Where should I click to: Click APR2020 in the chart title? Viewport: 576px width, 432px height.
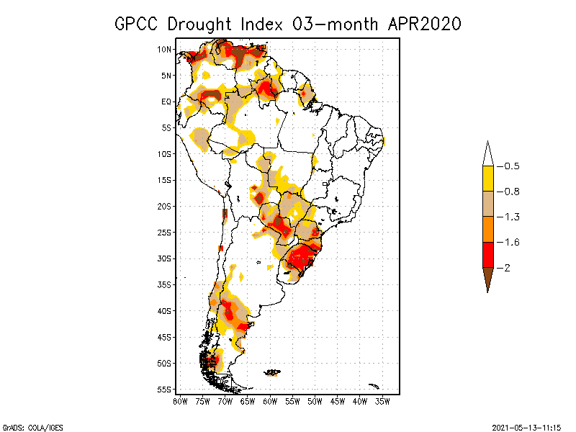[424, 24]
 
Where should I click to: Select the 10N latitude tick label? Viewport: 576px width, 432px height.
[165, 49]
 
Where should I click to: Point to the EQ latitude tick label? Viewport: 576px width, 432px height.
[166, 102]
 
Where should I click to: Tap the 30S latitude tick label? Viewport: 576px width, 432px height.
[165, 258]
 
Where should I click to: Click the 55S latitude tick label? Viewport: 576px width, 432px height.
[165, 390]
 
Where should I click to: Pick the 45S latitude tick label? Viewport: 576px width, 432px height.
[165, 337]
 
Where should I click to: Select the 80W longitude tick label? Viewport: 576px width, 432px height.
[180, 400]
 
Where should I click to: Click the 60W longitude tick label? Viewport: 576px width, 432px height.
[270, 400]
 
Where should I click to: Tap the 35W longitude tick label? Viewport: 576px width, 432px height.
[382, 400]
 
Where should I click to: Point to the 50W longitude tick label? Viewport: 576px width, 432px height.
[315, 400]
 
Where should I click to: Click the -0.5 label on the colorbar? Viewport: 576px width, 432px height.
[510, 166]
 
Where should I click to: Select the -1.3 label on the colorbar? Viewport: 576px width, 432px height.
[510, 217]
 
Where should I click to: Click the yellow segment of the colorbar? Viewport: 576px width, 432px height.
[487, 179]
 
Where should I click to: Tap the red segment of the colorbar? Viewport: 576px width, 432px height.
[487, 254]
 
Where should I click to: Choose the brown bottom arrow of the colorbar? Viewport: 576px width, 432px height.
[487, 278]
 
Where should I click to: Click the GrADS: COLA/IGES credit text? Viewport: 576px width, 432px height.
[24, 426]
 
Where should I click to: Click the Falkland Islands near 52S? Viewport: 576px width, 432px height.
[272, 372]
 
